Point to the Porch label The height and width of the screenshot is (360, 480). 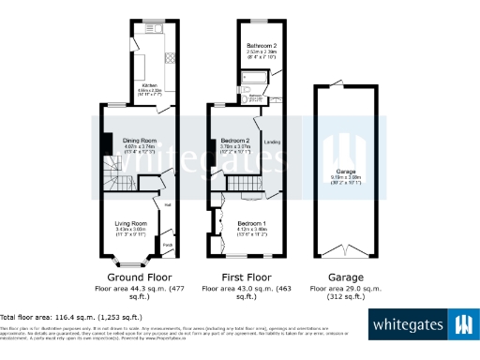tap(167, 246)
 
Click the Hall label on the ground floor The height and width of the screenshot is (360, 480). tap(168, 204)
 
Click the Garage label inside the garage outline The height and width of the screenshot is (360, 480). tap(345, 172)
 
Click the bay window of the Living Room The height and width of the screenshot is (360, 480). tap(125, 257)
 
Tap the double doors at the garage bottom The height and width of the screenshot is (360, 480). tap(344, 253)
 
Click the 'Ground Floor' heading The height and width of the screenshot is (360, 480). tap(138, 277)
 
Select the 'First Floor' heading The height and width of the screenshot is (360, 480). tap(246, 277)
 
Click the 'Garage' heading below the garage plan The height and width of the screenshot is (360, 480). tap(346, 277)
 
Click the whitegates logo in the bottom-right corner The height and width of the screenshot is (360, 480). tap(423, 325)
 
